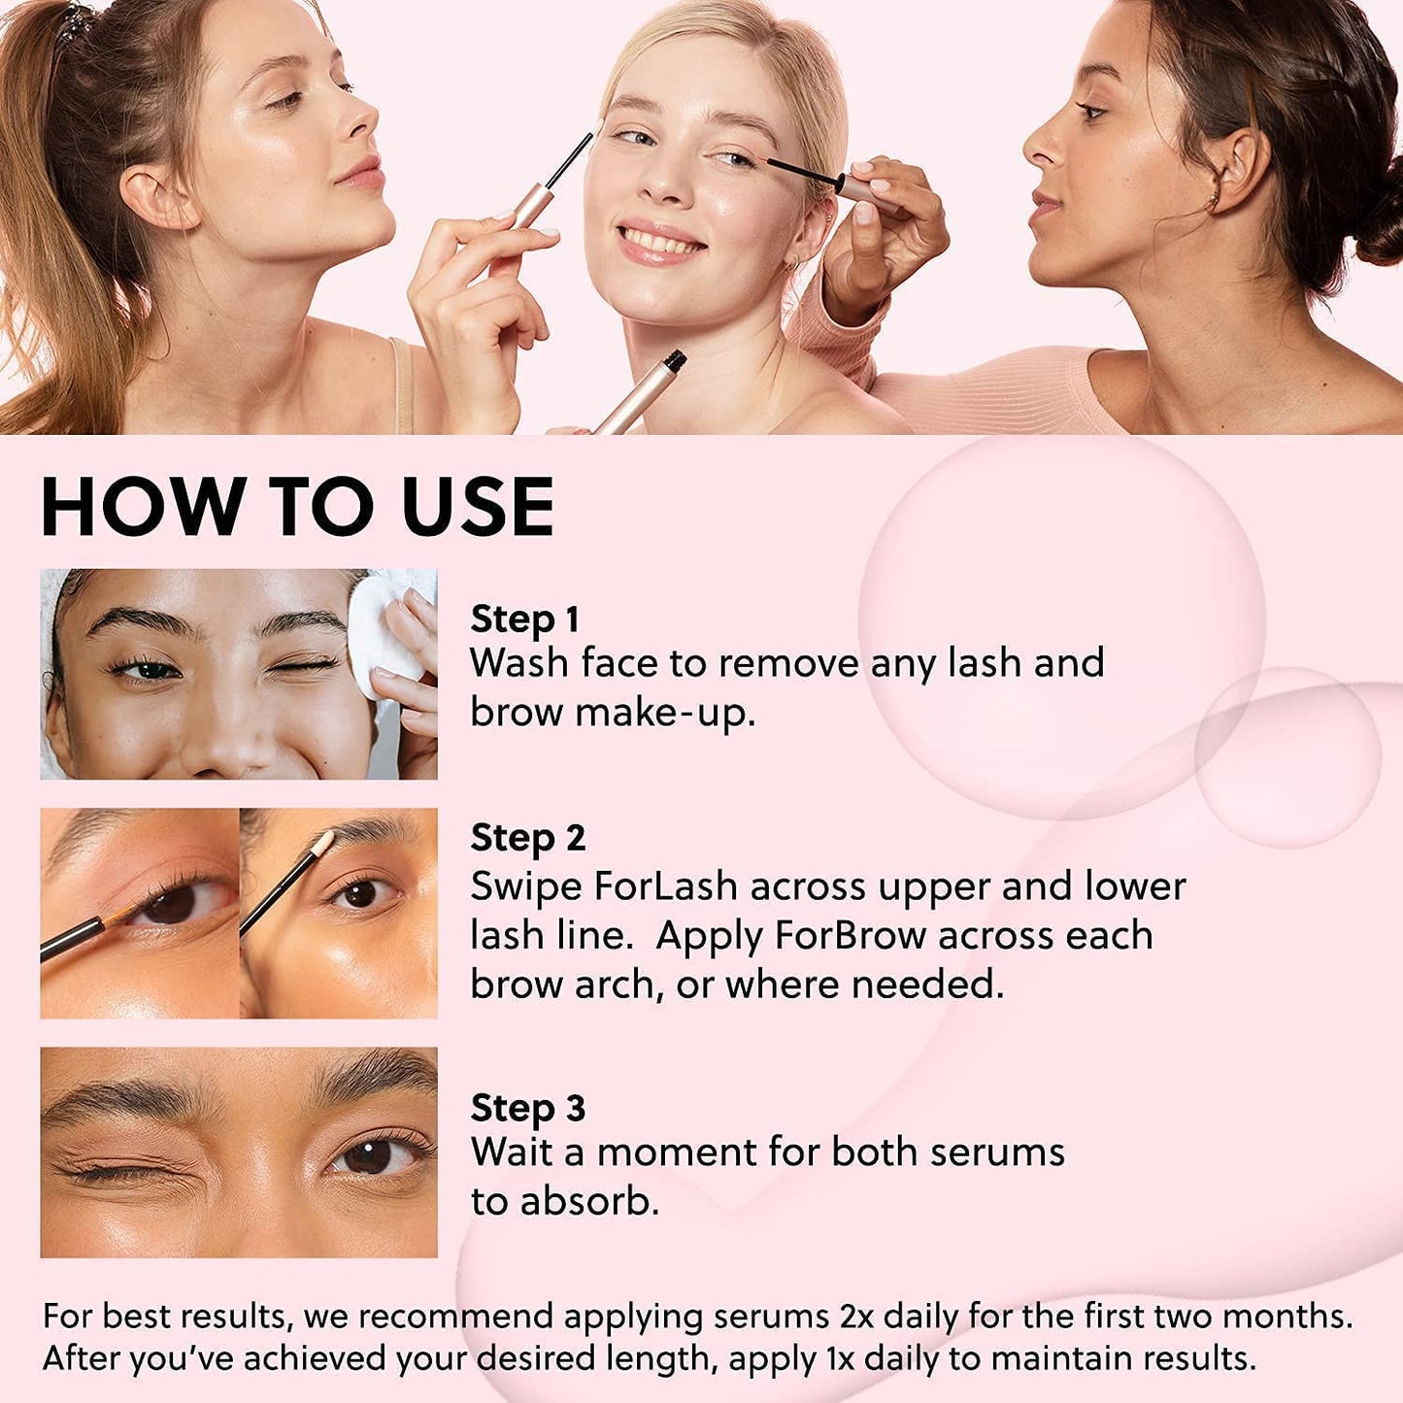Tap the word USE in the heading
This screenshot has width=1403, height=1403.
point(478,507)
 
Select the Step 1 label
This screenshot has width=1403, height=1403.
point(524,619)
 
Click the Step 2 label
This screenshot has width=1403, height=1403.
point(528,838)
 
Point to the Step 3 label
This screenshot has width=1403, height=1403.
point(528,1108)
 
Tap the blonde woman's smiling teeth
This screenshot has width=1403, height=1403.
point(659,240)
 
